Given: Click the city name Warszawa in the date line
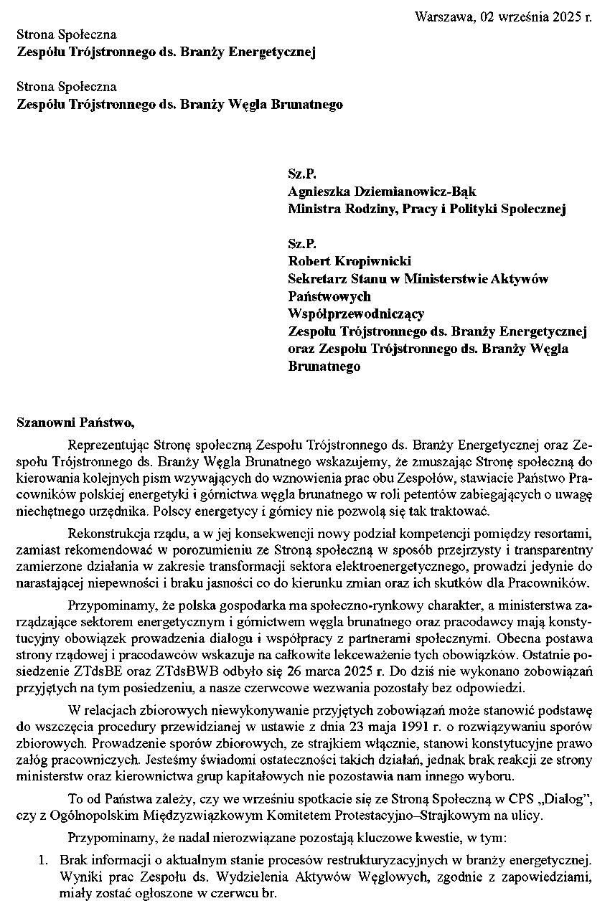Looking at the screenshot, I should pos(440,17).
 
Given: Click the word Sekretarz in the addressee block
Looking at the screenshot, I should pos(315,279).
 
